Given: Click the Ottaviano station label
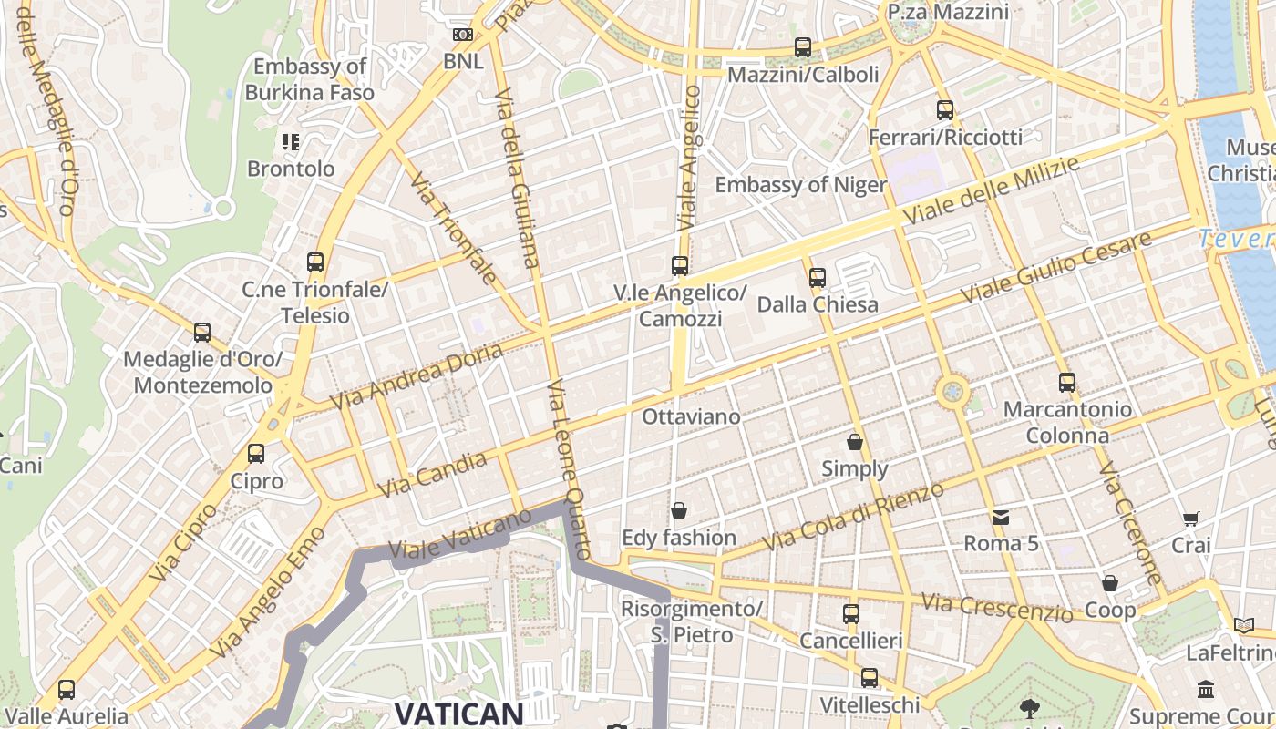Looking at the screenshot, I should tap(691, 416).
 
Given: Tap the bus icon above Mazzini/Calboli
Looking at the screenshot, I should tap(802, 47).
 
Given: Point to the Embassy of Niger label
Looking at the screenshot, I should tap(800, 185).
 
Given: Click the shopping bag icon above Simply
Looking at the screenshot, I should tap(855, 442).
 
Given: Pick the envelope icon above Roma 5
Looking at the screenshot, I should tap(1001, 518).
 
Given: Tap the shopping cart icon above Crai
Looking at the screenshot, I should tap(1190, 519).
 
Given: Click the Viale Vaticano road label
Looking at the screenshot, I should tap(459, 535).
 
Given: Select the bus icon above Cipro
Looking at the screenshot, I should tap(256, 453).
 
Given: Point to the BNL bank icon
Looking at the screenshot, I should tap(463, 35).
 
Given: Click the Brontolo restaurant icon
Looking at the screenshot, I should tap(291, 141).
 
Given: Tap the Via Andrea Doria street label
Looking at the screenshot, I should tap(416, 376).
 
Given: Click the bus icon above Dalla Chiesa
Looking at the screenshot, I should tap(818, 277).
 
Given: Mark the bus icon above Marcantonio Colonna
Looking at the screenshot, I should tap(1066, 382).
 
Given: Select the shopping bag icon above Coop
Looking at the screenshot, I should tap(1109, 582).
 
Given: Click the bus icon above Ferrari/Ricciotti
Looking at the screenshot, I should tap(945, 110).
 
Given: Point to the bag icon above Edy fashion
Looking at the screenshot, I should tap(678, 510).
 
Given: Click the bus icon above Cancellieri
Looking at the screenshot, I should tap(850, 613).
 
